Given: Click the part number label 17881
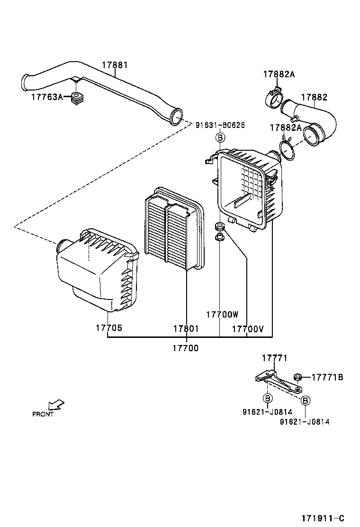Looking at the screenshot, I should tap(114, 65).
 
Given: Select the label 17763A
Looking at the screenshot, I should tap(47, 97).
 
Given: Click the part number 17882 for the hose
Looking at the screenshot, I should tap(314, 97).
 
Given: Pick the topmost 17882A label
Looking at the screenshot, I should tap(279, 74).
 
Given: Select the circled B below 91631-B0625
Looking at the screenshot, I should tap(220, 138).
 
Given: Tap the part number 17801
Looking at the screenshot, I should tap(186, 328).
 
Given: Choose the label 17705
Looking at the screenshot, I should tap(108, 328).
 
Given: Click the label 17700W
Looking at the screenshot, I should tap(222, 314).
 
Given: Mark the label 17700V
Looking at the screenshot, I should tap(247, 328).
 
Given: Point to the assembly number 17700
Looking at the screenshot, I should tap(185, 348).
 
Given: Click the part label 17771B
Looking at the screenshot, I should tap(327, 377).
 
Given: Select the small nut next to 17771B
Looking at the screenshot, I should tap(298, 377).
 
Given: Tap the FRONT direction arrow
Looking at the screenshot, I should tap(56, 404).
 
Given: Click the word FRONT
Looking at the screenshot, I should tap(43, 414).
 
